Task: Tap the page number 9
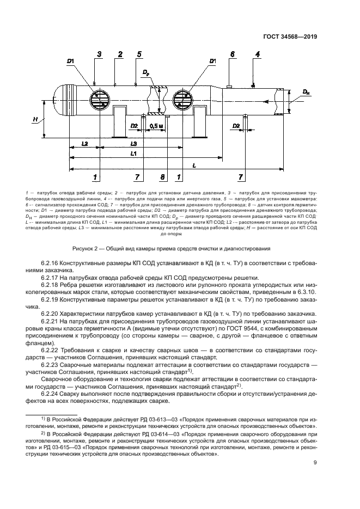coord(315,463)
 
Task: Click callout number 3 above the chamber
coord(100,54)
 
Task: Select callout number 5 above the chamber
coord(139,54)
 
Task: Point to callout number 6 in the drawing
coord(231,54)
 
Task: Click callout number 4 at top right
coord(258,54)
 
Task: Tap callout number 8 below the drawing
coord(162,177)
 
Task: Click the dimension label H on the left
coord(35,119)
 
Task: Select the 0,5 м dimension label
coord(156,126)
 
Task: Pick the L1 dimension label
coord(134,154)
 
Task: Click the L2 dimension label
coord(84,144)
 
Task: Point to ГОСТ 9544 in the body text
coord(219,330)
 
